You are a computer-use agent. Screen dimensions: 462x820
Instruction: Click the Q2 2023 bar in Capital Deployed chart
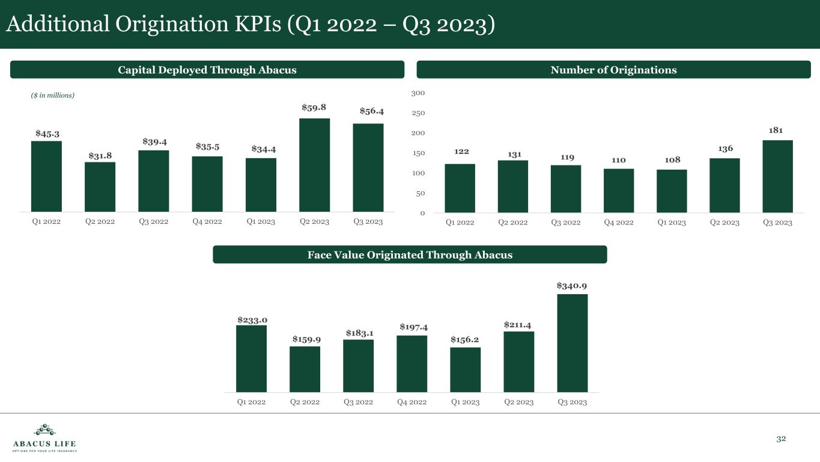(x=314, y=165)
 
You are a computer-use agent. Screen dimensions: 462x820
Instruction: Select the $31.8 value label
(x=100, y=156)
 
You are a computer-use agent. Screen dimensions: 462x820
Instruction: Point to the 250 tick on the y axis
(x=419, y=113)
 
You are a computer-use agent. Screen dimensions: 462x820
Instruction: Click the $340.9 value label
(x=572, y=285)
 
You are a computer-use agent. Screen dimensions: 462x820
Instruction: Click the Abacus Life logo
(x=44, y=438)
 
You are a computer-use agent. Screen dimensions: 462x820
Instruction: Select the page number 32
(x=781, y=439)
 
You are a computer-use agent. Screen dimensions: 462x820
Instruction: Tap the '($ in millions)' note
(x=53, y=96)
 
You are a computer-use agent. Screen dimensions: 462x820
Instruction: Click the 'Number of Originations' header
(x=613, y=70)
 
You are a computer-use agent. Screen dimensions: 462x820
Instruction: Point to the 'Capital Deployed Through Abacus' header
(x=207, y=70)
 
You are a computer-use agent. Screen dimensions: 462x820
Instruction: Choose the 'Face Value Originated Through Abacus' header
(x=410, y=254)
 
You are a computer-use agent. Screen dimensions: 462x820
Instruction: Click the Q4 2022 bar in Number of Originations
(x=619, y=191)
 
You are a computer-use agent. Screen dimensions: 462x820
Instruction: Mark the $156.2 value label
(x=465, y=339)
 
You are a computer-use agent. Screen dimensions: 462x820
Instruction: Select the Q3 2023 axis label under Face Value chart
(x=572, y=402)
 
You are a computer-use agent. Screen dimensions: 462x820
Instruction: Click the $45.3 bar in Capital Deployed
(x=46, y=176)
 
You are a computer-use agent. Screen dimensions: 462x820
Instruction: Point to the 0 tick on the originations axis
(x=422, y=213)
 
